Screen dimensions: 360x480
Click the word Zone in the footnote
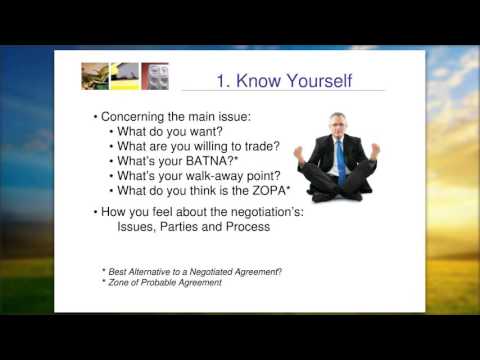121,283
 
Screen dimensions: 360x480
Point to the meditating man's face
338,124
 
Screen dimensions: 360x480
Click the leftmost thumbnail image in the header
96,76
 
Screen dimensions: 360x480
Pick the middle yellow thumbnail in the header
125,76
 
